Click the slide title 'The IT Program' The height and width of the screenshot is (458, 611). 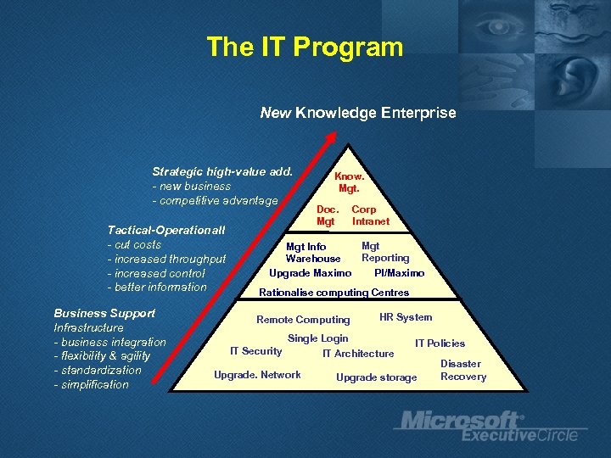point(305,47)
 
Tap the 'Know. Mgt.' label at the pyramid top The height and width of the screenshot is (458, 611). point(350,182)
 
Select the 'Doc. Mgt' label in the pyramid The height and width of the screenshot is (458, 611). point(328,215)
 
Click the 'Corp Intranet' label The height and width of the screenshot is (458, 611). point(370,215)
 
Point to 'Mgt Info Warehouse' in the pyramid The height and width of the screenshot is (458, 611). point(312,253)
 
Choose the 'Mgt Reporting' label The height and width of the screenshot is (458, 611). point(385,252)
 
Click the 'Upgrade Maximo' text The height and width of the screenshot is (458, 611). point(310,273)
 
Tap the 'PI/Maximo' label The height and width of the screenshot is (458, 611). point(399,273)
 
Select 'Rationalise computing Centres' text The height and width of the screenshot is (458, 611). point(334,293)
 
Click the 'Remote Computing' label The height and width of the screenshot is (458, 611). point(303,320)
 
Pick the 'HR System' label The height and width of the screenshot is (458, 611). point(406,317)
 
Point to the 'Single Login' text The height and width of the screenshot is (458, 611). point(317,338)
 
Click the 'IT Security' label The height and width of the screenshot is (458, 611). point(255,351)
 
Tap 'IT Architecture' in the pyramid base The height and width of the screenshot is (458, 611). point(358,354)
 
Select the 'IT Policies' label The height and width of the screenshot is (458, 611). point(440,343)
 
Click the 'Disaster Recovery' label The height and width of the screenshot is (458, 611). point(462,370)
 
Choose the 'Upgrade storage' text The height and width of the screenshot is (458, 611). point(376,377)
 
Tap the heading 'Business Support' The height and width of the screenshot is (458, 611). point(104,313)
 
